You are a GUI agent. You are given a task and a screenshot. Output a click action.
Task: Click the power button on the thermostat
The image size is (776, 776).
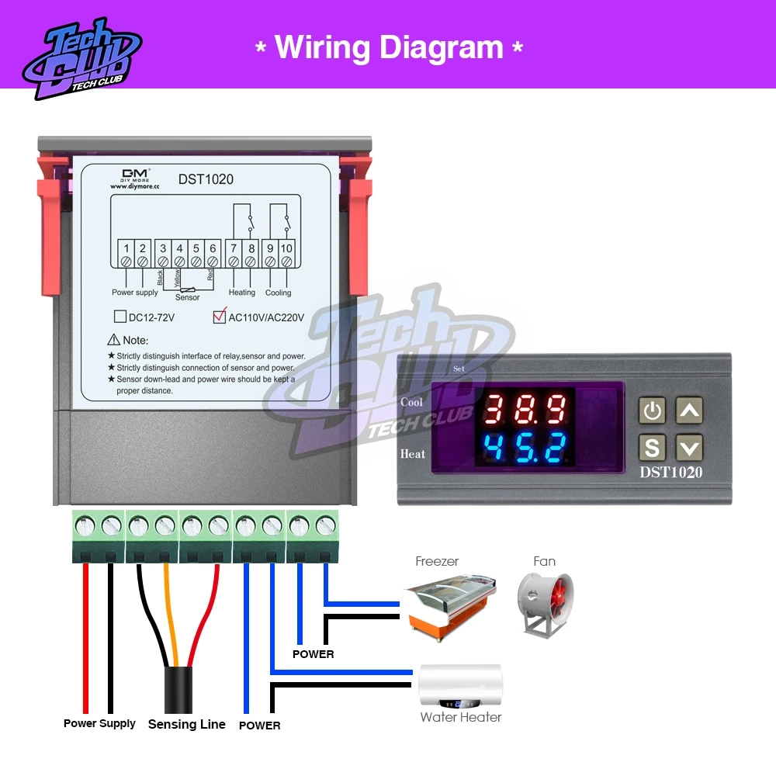pyautogui.click(x=653, y=411)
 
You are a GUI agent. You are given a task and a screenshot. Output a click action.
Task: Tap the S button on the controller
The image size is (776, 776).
pyautogui.click(x=653, y=448)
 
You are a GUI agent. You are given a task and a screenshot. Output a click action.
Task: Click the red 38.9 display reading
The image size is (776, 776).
pyautogui.click(x=525, y=408)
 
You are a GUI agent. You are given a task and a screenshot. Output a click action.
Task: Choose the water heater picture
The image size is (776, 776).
pyautogui.click(x=459, y=686)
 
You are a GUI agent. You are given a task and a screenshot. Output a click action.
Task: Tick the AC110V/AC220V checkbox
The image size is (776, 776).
pyautogui.click(x=220, y=316)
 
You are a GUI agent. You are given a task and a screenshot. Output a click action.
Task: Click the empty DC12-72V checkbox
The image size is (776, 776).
pyautogui.click(x=120, y=317)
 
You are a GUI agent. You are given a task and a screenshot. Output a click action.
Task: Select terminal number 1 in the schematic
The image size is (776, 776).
pyautogui.click(x=126, y=248)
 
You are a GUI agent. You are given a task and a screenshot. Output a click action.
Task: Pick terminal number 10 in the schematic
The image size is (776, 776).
pyautogui.click(x=286, y=248)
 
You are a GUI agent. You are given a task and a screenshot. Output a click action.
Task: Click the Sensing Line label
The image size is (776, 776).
pyautogui.click(x=186, y=724)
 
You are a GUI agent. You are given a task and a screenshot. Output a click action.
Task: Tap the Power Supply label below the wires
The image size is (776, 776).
pyautogui.click(x=99, y=723)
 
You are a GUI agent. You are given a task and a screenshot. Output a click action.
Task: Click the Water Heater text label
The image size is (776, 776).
pyautogui.click(x=461, y=717)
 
